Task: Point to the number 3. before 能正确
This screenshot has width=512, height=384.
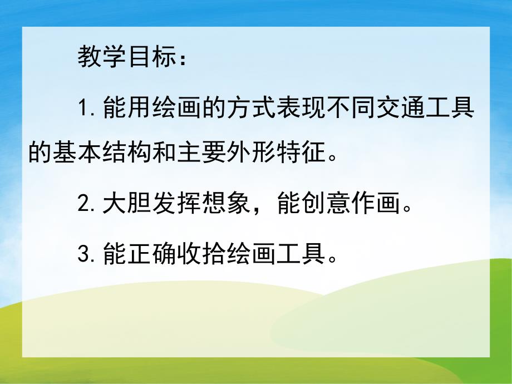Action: tap(88, 255)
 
